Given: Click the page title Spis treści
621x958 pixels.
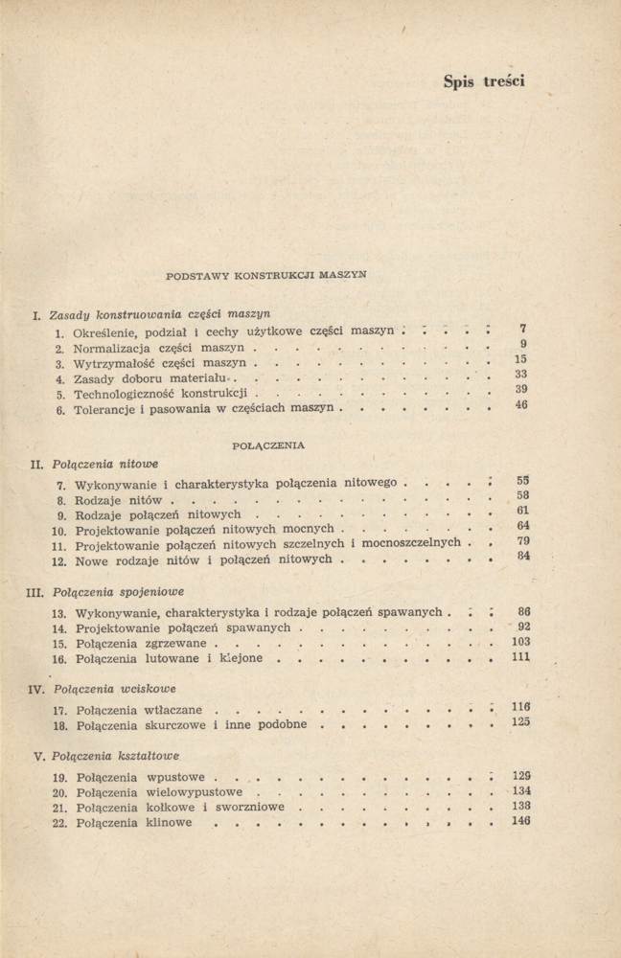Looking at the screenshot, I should click(x=484, y=81).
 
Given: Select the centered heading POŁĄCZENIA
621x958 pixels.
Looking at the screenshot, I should click(x=268, y=445).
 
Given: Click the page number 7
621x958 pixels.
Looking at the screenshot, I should click(x=523, y=329).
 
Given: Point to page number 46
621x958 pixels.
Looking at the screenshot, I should click(x=522, y=405).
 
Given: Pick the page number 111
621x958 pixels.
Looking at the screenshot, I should click(x=521, y=658).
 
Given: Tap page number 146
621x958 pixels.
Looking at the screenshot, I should click(x=521, y=821).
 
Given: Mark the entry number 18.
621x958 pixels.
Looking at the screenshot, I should click(x=58, y=725).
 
